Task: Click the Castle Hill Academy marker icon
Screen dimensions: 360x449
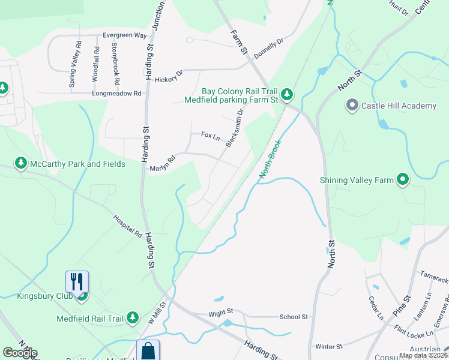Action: pos(352,106)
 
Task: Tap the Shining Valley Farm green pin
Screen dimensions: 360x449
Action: pos(403,179)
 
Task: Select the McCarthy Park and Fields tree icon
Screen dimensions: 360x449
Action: pos(21,164)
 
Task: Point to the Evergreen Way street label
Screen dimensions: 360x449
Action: pos(124,35)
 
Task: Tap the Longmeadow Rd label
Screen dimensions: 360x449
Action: pos(116,94)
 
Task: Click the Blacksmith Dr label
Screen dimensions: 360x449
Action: pos(235,128)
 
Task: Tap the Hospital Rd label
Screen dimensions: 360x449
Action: pos(127,224)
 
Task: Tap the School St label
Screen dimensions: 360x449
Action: pos(294,317)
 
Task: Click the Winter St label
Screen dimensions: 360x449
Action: pos(328,347)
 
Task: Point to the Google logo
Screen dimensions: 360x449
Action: pos(20,353)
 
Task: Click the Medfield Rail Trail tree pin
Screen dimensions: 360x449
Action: pos(133,318)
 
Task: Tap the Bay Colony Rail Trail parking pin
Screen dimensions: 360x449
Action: pos(287,94)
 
